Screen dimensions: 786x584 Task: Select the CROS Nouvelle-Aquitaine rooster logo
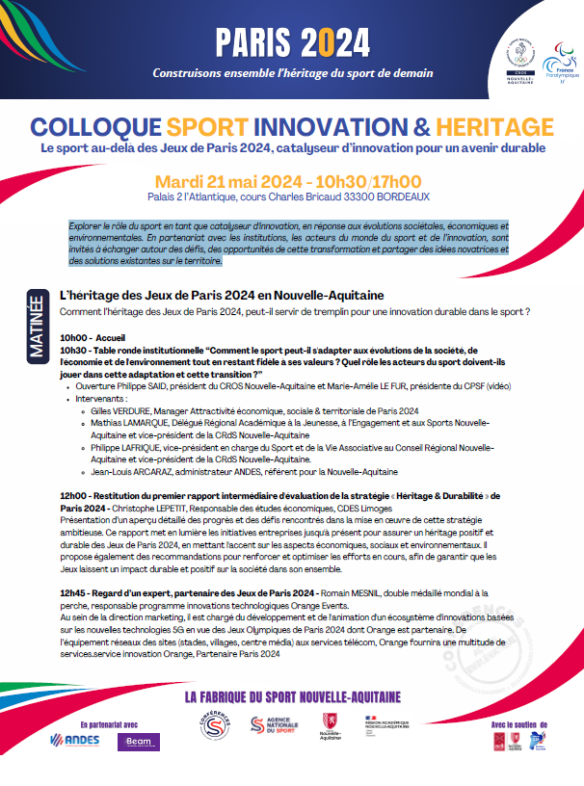click(518, 58)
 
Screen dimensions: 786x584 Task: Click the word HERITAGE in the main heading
click(501, 126)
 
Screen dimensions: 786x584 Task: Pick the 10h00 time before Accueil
click(74, 338)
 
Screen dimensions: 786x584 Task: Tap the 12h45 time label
click(74, 591)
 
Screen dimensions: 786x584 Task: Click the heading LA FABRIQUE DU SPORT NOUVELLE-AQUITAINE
click(292, 695)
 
